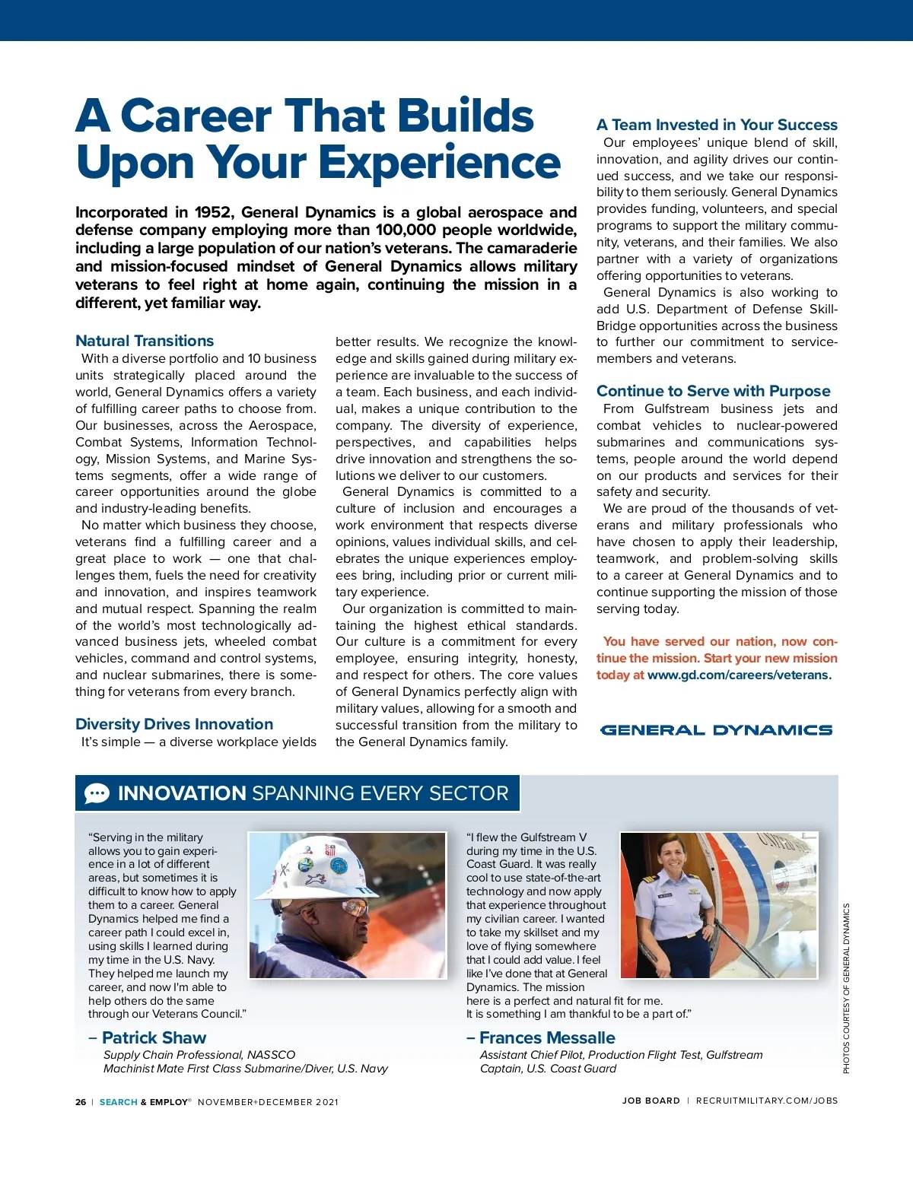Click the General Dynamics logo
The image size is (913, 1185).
coord(716,730)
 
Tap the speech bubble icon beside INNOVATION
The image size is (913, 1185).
coord(97,793)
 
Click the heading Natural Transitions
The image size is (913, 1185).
coord(145,341)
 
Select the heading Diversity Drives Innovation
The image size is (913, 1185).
coord(174,724)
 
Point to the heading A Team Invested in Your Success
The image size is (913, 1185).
coord(717,125)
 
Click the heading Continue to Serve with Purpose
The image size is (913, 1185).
coord(713,391)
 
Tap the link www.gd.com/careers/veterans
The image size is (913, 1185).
coord(738,675)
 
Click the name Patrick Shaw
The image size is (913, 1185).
coord(154,1037)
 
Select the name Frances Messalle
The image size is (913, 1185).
coord(547,1037)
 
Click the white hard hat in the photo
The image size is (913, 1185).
coord(323,866)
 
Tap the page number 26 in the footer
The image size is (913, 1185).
coord(81,1101)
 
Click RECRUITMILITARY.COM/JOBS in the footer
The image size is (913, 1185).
coord(766,1101)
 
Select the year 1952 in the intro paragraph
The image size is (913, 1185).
coord(213,212)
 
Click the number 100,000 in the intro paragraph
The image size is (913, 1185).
coord(406,230)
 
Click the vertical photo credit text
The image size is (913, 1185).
coord(845,989)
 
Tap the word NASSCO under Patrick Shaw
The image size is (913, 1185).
coord(271,1055)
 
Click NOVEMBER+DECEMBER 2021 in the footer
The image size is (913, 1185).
coord(268,1101)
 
